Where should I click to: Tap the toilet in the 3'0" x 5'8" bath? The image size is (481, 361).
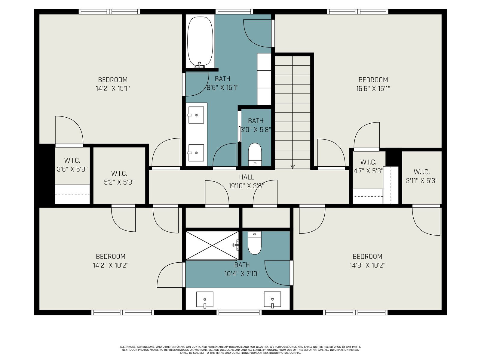tap(255, 155)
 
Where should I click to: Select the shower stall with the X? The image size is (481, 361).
tap(212, 246)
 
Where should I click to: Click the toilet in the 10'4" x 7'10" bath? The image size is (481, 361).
tap(255, 243)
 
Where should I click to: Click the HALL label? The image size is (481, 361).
tap(247, 177)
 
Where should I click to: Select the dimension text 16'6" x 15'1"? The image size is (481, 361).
tap(373, 88)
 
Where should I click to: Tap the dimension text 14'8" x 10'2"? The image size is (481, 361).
tap(367, 265)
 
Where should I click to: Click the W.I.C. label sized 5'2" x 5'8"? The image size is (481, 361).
tap(119, 174)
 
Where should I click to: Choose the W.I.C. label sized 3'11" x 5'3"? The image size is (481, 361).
tap(421, 172)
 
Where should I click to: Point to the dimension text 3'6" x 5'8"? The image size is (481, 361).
tap(72, 169)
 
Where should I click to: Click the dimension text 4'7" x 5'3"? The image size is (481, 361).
tap(368, 171)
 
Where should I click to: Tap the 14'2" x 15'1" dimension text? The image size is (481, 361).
tap(113, 88)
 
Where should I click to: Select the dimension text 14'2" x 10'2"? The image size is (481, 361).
tap(110, 265)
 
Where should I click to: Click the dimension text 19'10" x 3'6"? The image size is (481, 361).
tap(246, 186)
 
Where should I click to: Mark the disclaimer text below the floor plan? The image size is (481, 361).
tap(240, 350)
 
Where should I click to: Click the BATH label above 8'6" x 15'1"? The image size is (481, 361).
tap(222, 79)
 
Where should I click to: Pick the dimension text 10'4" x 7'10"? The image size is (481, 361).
tap(242, 274)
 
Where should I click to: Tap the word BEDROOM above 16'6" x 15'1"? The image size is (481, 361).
tap(373, 80)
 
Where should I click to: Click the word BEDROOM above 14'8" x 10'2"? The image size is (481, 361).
tap(367, 256)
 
